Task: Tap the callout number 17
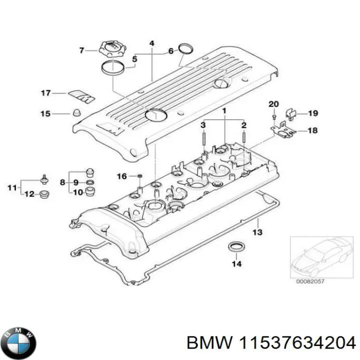tap(46, 93)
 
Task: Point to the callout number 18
tap(312, 131)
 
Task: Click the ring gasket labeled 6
tap(186, 48)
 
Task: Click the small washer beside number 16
tap(139, 176)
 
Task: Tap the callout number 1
tap(224, 110)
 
